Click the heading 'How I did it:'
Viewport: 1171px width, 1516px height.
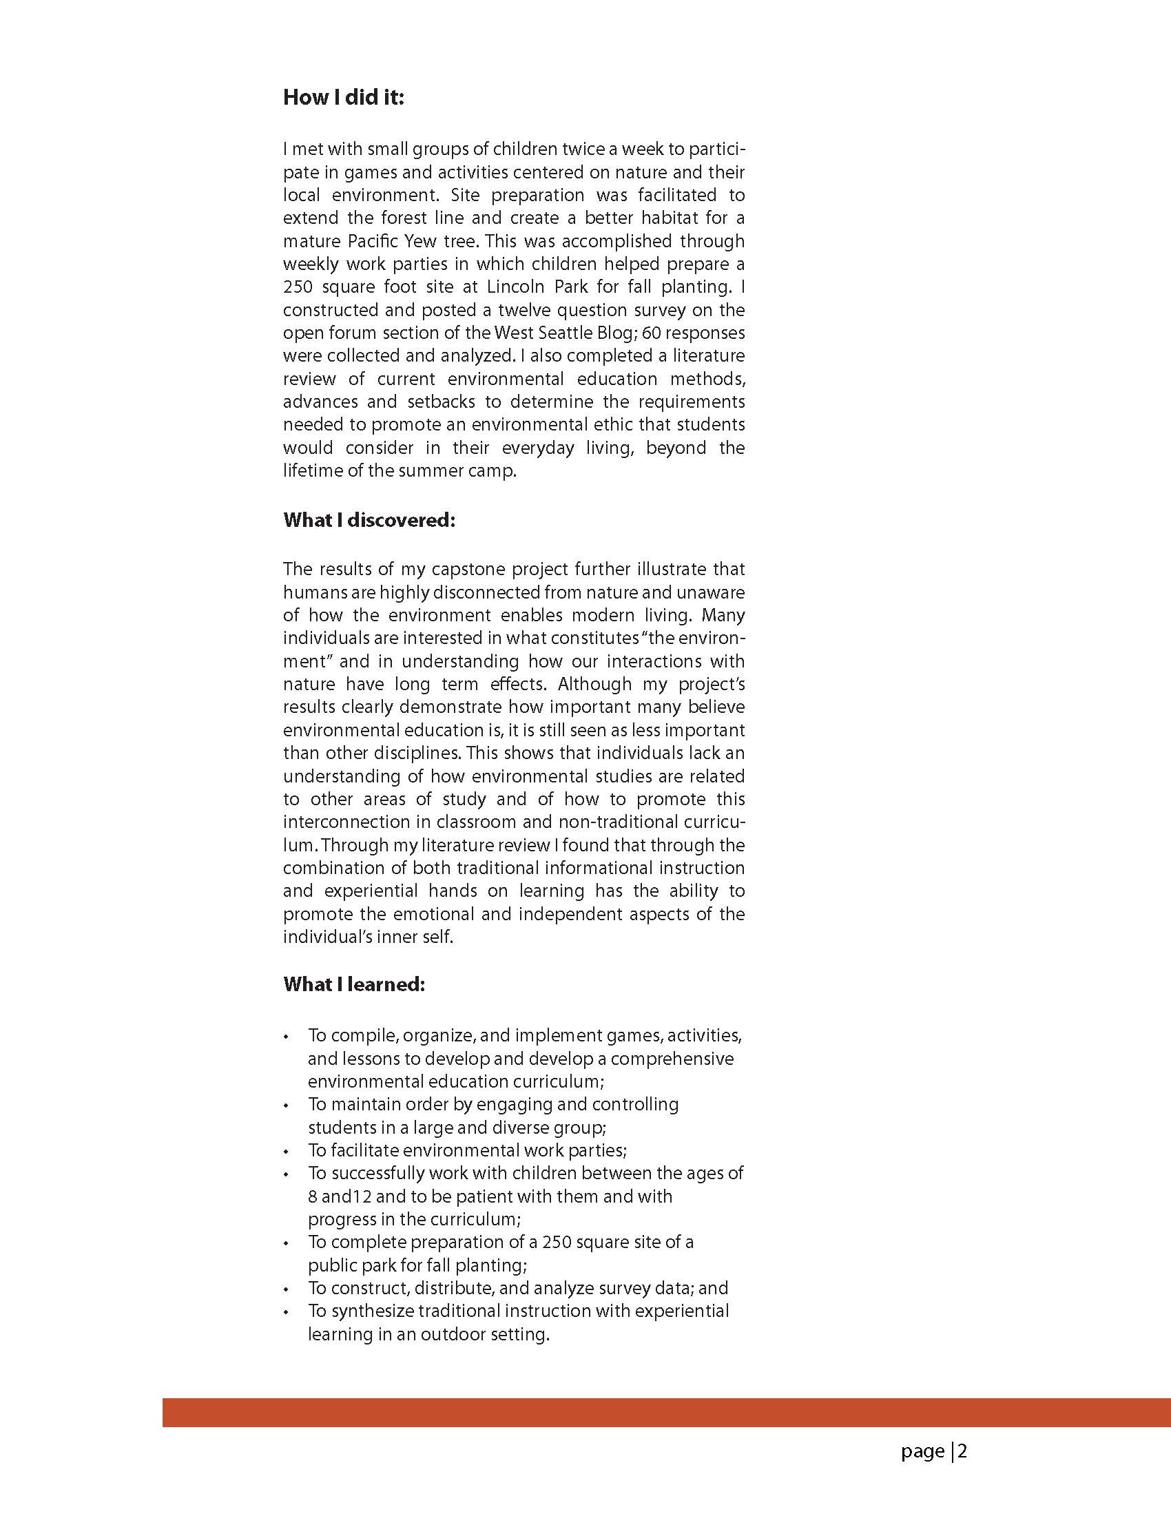click(343, 97)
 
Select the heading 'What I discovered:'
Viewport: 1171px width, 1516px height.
click(369, 520)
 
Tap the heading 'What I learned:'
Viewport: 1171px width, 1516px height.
click(353, 984)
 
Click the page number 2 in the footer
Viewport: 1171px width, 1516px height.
click(963, 1451)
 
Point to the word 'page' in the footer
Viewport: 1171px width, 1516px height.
click(922, 1452)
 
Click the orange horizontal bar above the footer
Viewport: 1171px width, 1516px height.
click(666, 1412)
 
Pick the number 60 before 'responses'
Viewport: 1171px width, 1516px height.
click(651, 333)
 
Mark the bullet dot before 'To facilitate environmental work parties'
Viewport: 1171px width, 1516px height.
click(285, 1152)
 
